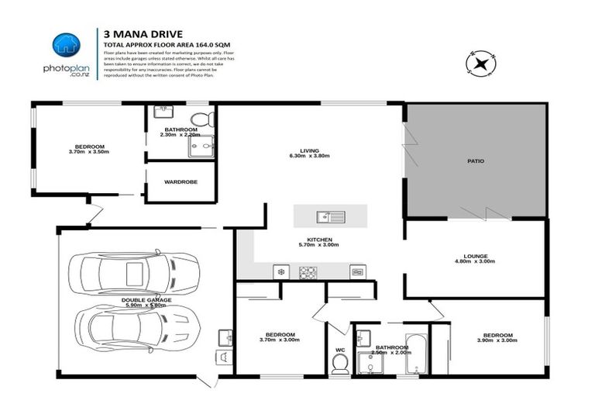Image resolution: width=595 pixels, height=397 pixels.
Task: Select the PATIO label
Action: (475, 161)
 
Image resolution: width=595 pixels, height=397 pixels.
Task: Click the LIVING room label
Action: (309, 150)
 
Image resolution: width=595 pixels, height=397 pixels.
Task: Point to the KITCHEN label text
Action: (319, 239)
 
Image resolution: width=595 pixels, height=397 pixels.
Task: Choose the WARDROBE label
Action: (181, 182)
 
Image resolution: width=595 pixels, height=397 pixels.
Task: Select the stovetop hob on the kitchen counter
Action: (308, 271)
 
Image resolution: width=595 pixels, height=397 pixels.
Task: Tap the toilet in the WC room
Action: (339, 364)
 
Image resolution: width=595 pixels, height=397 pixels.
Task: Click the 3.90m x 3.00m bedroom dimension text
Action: (495, 340)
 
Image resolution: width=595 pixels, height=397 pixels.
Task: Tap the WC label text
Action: (339, 349)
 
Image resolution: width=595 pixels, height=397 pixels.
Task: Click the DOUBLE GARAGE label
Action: (146, 299)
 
